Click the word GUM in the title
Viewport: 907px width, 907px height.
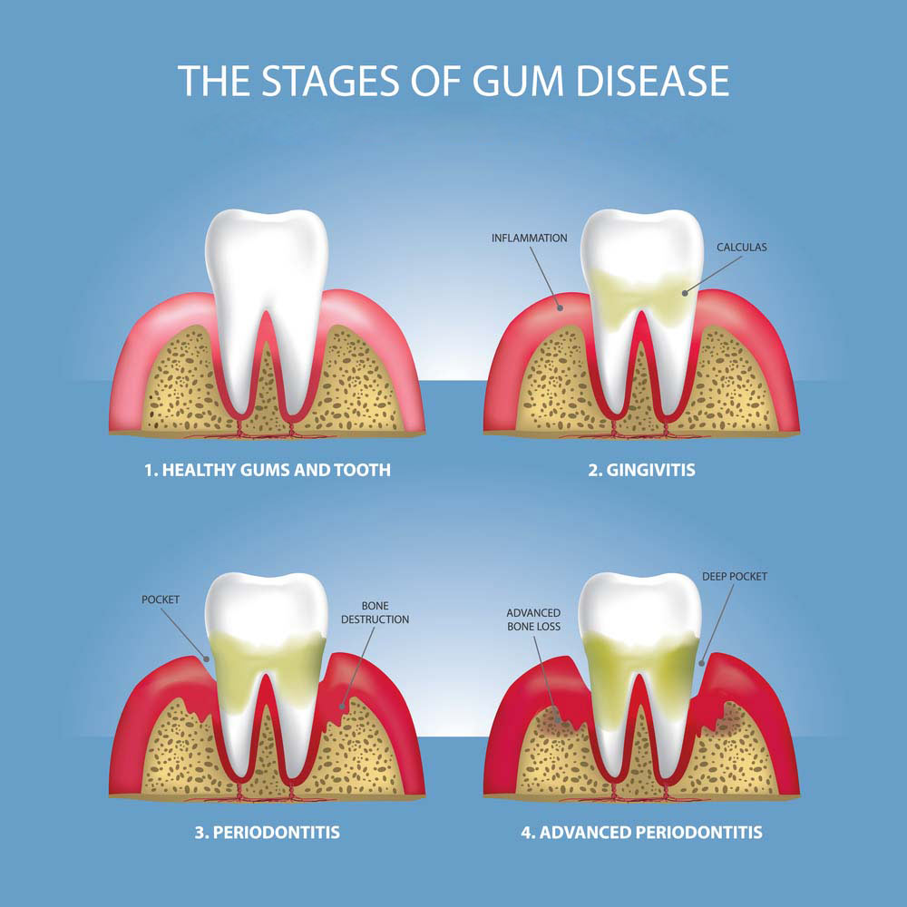click(x=518, y=81)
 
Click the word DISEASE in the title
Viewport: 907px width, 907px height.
click(x=652, y=81)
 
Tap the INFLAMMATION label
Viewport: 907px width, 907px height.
click(x=530, y=238)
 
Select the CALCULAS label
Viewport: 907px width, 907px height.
click(x=742, y=247)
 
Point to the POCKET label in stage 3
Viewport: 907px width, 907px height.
click(x=161, y=600)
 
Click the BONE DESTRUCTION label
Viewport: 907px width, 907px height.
click(x=375, y=612)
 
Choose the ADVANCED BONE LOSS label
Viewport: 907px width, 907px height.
click(x=533, y=619)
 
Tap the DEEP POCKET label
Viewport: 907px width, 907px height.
click(x=735, y=577)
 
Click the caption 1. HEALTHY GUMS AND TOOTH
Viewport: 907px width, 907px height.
click(x=268, y=470)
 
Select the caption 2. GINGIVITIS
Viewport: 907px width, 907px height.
click(x=641, y=470)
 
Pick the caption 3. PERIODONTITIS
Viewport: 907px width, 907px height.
click(x=268, y=833)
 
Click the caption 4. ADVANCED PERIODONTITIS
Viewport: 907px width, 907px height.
click(x=641, y=833)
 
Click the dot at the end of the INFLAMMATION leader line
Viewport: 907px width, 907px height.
click(x=560, y=308)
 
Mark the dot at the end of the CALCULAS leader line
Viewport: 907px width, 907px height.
click(x=685, y=293)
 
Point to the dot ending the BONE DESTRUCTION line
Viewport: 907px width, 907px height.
click(x=343, y=707)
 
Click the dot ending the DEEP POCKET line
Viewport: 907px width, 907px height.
click(x=702, y=664)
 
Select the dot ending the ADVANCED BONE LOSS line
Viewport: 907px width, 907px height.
click(x=558, y=721)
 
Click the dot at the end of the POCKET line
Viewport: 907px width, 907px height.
click(x=207, y=658)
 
